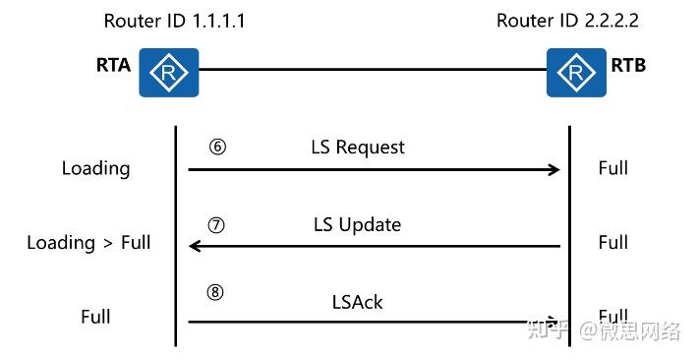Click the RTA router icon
(x=168, y=72)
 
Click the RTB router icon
(x=576, y=72)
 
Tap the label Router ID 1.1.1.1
(x=174, y=20)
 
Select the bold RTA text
(x=113, y=68)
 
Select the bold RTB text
(x=628, y=67)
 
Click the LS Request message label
(x=358, y=148)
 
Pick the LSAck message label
(x=357, y=302)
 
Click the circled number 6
(x=217, y=147)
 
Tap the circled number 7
(x=217, y=224)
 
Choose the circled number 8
(x=217, y=292)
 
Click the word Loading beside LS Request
(x=95, y=168)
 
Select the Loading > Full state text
(x=88, y=243)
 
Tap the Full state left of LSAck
(x=95, y=317)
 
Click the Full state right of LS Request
(x=613, y=168)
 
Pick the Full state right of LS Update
(x=613, y=242)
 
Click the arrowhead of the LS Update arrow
(x=195, y=246)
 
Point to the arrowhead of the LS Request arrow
(x=553, y=170)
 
